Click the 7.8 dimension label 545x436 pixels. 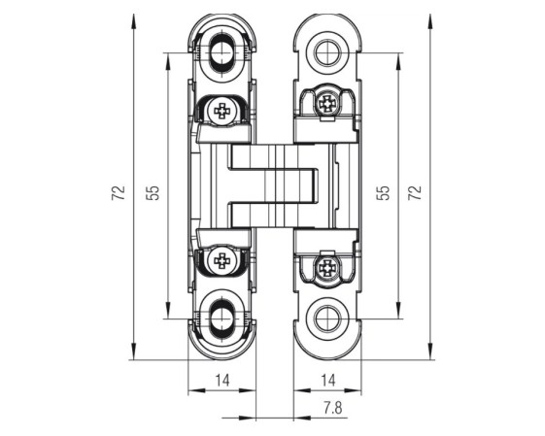(x=333, y=408)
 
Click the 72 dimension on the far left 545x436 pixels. (x=119, y=193)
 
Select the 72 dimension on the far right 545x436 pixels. (x=414, y=193)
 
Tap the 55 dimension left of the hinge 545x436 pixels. (x=153, y=193)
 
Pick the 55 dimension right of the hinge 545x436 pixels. (x=384, y=193)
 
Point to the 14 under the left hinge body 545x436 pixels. (x=222, y=381)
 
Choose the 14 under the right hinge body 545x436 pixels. (x=327, y=381)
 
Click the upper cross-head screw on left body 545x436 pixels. (x=221, y=111)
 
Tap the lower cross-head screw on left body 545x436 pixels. (x=221, y=260)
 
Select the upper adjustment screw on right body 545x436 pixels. (x=327, y=103)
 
